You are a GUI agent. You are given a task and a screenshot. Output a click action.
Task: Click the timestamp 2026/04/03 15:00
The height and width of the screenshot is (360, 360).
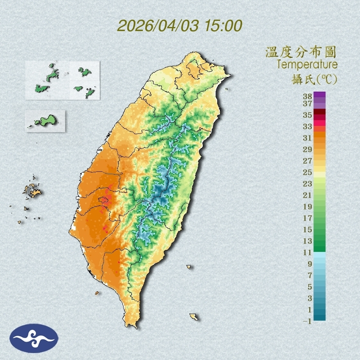click(x=180, y=26)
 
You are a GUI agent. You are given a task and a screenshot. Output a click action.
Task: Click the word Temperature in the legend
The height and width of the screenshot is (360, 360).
click(x=307, y=65)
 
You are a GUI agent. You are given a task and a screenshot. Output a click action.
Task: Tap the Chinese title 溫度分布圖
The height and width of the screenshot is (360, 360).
click(x=301, y=52)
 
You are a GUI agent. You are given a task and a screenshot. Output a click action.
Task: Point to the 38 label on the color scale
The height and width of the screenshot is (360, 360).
click(x=308, y=96)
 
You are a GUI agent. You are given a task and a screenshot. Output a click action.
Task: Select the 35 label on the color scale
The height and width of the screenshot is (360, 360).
click(x=308, y=115)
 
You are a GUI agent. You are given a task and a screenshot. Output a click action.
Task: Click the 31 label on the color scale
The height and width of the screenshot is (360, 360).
click(x=308, y=137)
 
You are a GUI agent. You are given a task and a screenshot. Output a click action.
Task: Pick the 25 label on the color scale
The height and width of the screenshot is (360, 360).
click(x=308, y=172)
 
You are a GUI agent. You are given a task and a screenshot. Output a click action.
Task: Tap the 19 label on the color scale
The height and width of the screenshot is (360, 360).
click(x=308, y=207)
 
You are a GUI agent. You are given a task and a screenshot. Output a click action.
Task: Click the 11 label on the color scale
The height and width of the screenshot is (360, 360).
click(x=308, y=252)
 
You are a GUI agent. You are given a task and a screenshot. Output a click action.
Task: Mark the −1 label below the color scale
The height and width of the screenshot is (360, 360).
click(x=307, y=322)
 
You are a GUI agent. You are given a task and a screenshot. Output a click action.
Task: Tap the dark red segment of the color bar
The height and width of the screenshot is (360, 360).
click(x=320, y=112)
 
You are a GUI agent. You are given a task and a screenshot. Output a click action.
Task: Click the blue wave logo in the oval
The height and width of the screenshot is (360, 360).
click(x=34, y=338)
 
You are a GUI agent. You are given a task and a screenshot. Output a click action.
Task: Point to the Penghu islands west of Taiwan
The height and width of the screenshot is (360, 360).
click(x=32, y=190)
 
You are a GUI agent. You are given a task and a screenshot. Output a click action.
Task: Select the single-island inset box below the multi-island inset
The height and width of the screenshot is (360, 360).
click(x=45, y=121)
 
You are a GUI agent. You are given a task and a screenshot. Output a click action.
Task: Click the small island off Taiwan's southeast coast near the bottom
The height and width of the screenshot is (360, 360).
click(x=194, y=317)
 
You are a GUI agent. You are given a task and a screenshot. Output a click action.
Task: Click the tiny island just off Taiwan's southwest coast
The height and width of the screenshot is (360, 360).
click(x=97, y=293)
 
